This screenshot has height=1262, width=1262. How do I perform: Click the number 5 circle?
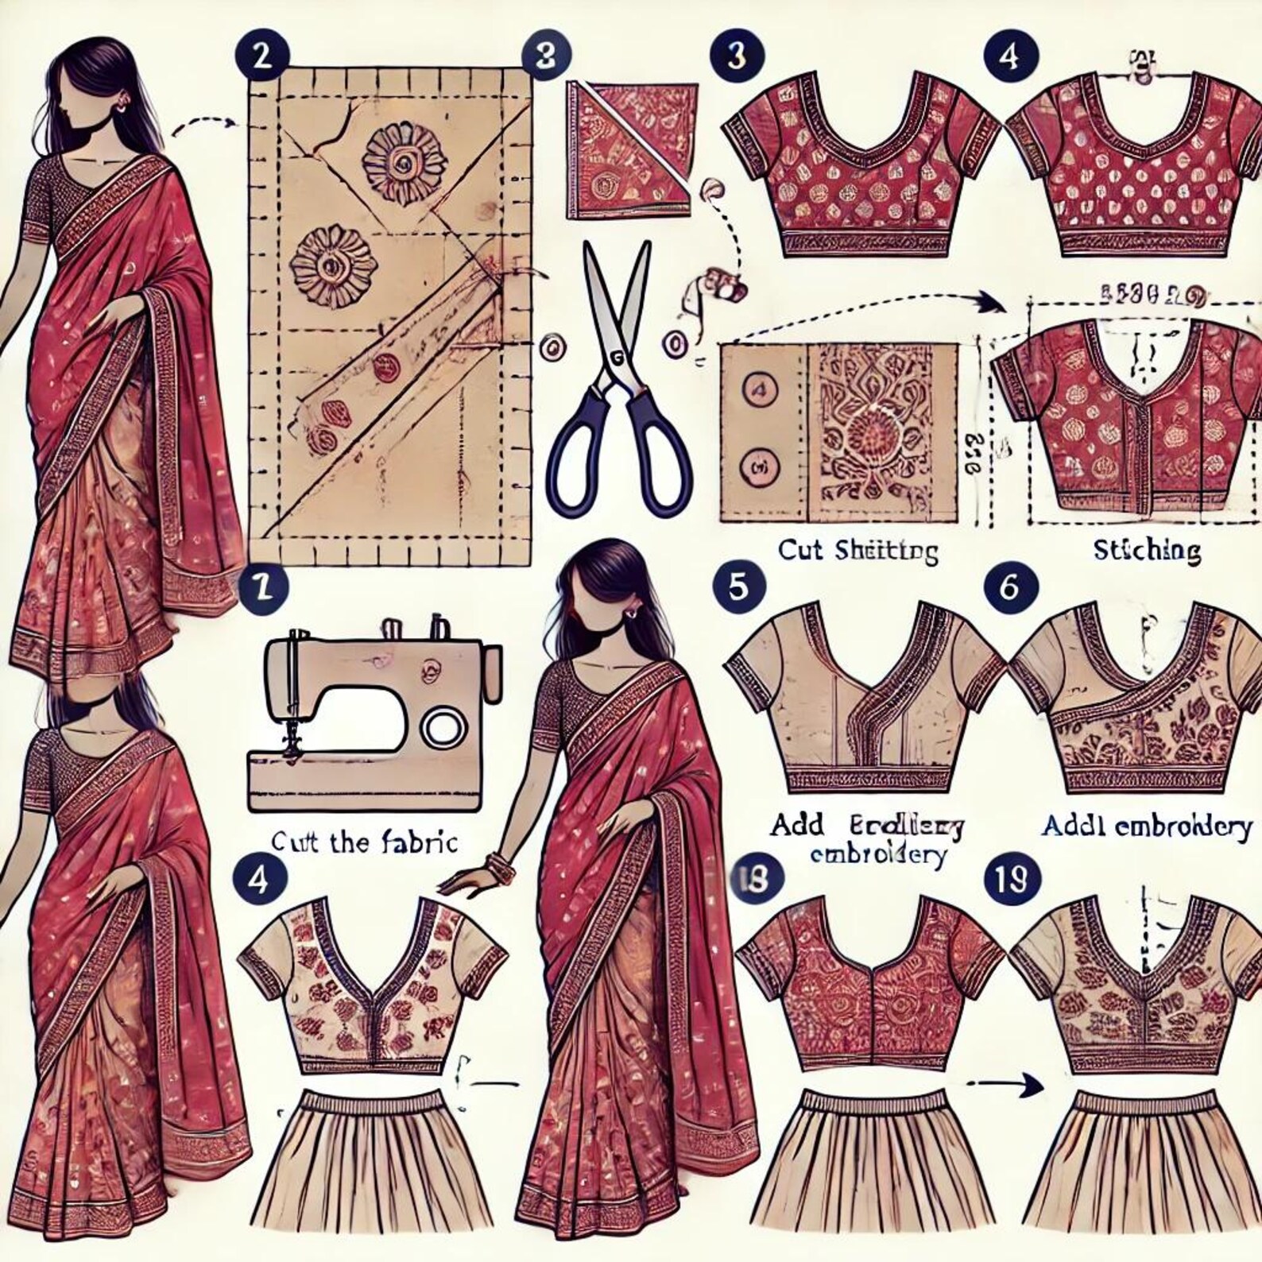pyautogui.click(x=738, y=587)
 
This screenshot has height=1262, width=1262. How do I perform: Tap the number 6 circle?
pyautogui.click(x=1008, y=587)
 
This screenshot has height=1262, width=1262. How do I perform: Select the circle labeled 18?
pyautogui.click(x=754, y=880)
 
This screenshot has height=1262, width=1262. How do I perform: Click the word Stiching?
pyautogui.click(x=1146, y=550)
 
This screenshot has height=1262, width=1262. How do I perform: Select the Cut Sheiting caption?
pyautogui.click(x=857, y=551)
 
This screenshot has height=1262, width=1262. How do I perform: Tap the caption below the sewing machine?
pyautogui.click(x=365, y=842)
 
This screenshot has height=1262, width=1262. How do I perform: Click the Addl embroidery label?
pyautogui.click(x=1146, y=826)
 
